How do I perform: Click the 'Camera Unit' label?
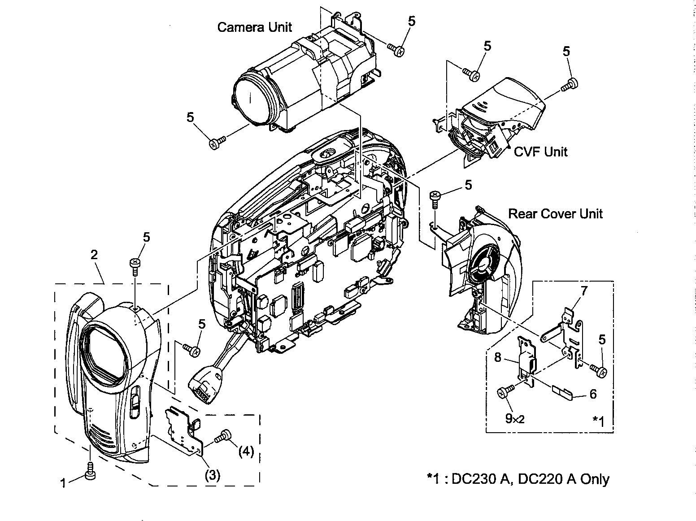click(x=254, y=27)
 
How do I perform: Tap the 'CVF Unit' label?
click(x=540, y=152)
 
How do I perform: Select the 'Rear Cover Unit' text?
click(x=555, y=213)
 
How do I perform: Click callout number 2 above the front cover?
click(x=94, y=255)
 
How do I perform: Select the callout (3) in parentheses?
click(x=212, y=476)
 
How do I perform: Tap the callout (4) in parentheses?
click(x=246, y=451)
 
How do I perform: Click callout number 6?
click(x=593, y=394)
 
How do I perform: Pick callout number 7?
click(x=584, y=291)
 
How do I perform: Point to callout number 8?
click(x=498, y=357)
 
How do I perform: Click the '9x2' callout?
click(x=514, y=418)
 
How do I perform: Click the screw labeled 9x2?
click(x=503, y=393)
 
